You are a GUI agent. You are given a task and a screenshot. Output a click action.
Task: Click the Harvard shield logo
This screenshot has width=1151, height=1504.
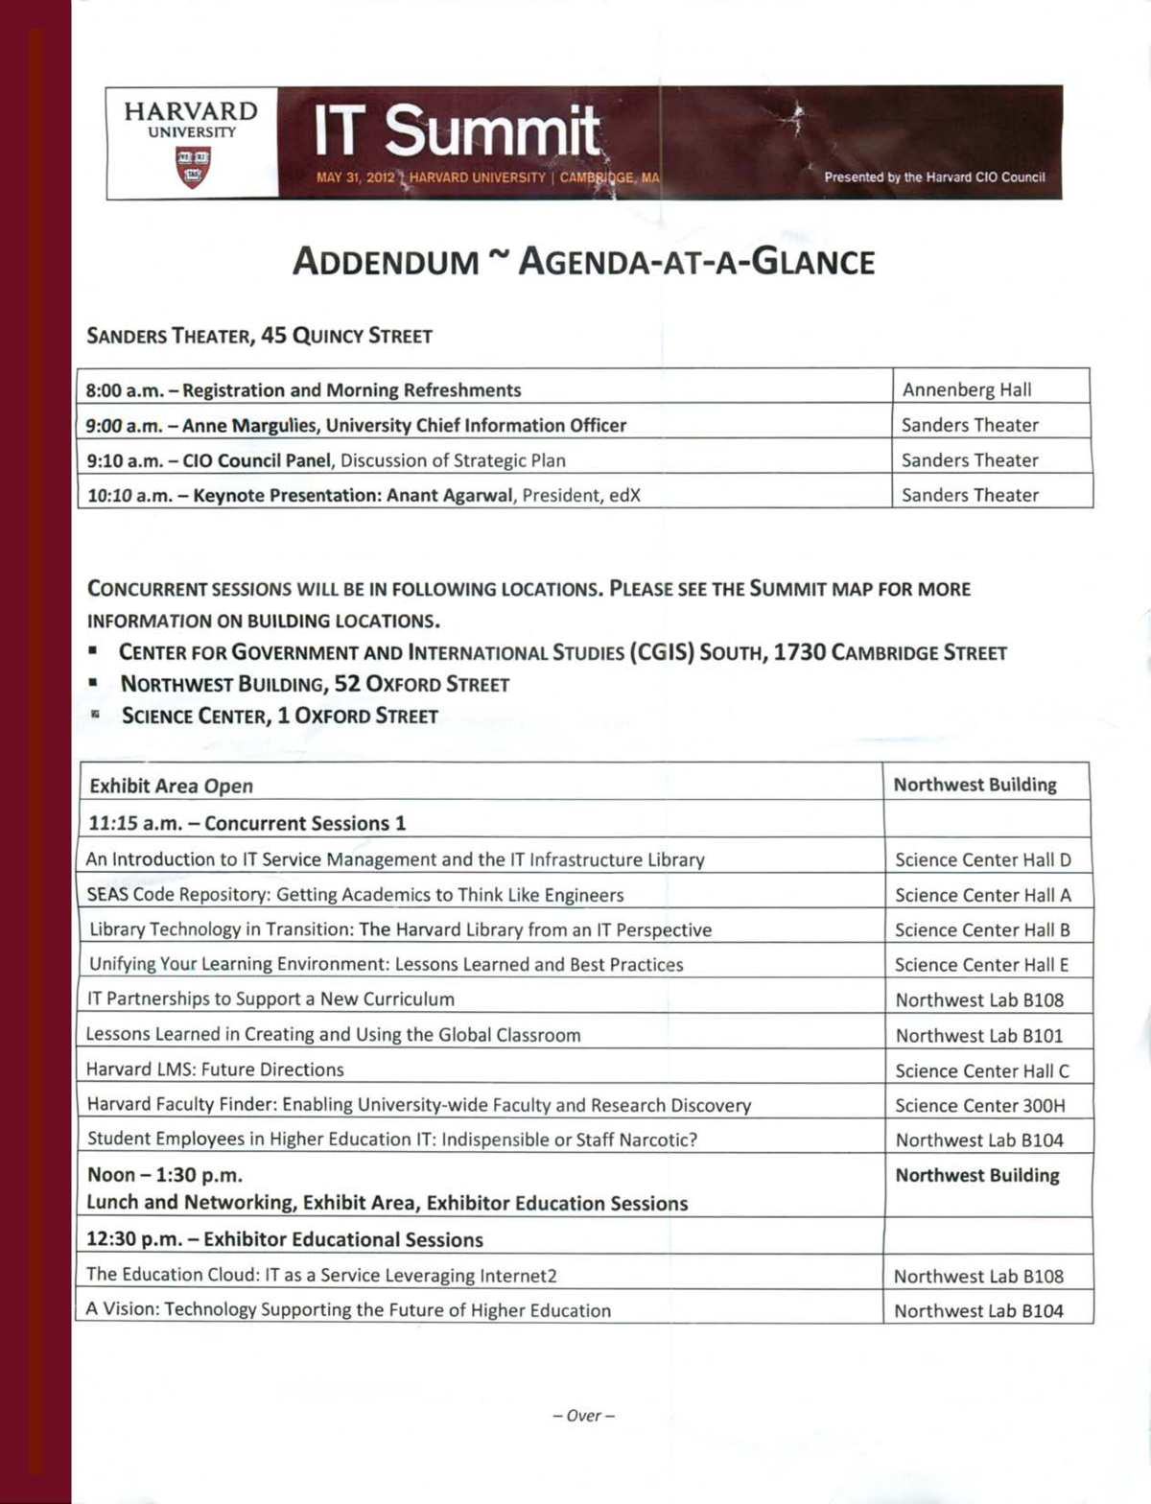click(192, 166)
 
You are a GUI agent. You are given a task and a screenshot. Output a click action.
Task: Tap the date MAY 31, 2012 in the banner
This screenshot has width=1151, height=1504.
click(355, 177)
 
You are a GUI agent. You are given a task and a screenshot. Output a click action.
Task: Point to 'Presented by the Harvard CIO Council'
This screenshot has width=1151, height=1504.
click(934, 177)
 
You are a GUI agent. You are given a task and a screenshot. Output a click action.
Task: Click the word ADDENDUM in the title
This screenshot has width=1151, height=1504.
click(386, 262)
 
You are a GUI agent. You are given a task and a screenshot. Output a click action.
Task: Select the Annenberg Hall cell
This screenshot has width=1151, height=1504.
click(967, 389)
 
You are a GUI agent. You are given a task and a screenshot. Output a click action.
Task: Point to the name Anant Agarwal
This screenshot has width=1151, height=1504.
click(452, 496)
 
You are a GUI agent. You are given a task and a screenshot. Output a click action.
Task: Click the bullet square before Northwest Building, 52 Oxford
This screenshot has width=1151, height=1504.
click(94, 683)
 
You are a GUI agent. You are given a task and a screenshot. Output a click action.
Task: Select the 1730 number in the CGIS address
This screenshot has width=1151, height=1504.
click(799, 652)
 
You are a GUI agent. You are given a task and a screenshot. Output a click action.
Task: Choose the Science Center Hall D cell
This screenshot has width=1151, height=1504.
click(983, 860)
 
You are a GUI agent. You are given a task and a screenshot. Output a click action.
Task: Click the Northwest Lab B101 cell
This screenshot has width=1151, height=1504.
click(979, 1036)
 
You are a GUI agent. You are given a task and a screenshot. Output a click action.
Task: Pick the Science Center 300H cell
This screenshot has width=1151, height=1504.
click(980, 1106)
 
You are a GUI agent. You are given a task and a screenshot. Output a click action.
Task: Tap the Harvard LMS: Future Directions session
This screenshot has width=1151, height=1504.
click(215, 1069)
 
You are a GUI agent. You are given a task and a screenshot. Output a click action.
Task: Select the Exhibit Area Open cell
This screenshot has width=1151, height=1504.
click(171, 787)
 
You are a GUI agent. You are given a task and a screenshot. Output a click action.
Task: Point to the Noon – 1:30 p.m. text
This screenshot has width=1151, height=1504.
click(164, 1175)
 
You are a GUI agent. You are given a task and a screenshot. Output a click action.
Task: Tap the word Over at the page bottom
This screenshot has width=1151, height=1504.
click(583, 1416)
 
